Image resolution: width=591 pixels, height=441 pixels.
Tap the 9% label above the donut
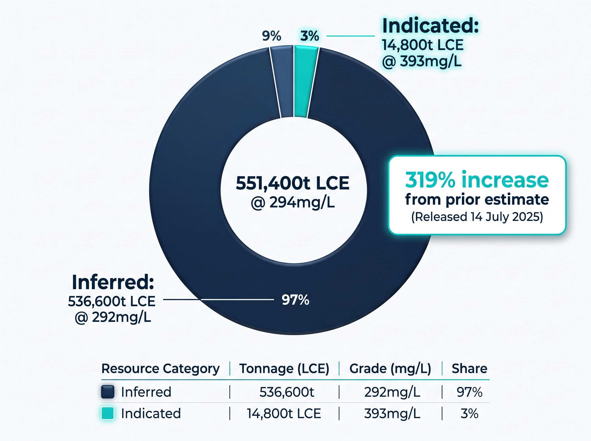[272, 36]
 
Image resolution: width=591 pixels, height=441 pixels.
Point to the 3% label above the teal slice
[310, 36]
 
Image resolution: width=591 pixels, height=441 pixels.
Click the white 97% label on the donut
[295, 300]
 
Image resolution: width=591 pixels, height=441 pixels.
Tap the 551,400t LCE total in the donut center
[293, 183]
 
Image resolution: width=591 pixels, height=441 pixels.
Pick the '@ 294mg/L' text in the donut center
[293, 203]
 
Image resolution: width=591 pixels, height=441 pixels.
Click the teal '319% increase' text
[477, 180]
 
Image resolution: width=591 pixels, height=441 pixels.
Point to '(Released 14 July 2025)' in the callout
[477, 217]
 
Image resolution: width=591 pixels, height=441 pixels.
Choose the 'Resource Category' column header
[161, 369]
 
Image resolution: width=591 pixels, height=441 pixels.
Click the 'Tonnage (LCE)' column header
[284, 369]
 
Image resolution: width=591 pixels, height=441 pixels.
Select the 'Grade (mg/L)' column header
[390, 369]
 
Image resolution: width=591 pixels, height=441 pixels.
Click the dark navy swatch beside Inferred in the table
[108, 392]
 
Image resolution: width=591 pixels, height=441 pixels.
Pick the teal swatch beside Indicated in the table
[108, 413]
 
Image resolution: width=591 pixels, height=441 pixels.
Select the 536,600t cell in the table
[287, 392]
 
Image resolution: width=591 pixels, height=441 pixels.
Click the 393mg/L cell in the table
[392, 413]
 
